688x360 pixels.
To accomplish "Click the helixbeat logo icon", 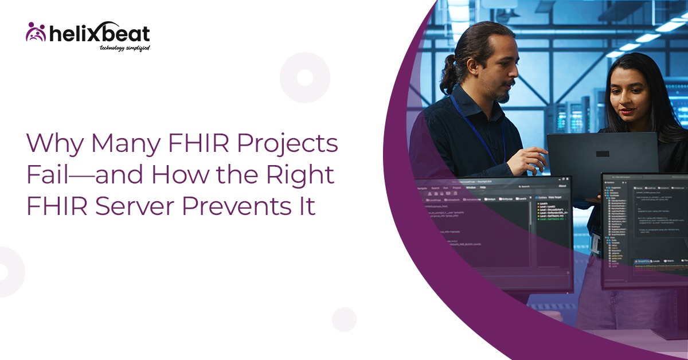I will click(36, 32).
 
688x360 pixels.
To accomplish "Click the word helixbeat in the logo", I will click(98, 33).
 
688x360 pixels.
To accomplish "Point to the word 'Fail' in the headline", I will click(45, 175).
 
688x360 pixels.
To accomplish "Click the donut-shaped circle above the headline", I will click(305, 77).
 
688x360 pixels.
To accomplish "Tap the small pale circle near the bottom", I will click(344, 319).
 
